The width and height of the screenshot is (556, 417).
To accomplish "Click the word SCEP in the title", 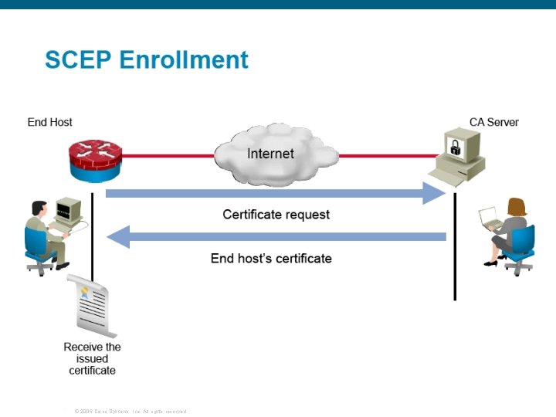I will click(76, 59).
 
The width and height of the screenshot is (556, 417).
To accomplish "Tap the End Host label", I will click(49, 122).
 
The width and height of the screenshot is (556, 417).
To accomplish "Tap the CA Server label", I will click(494, 122).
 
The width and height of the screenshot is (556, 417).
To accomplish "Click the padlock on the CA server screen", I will click(456, 147).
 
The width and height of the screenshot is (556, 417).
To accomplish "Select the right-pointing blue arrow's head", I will click(436, 193).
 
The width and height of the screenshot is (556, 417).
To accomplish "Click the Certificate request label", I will click(276, 214).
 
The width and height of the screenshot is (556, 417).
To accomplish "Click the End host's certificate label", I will click(271, 258).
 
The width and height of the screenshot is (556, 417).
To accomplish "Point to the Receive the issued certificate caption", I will click(92, 358).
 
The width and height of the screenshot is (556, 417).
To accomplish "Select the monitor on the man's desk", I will click(68, 208).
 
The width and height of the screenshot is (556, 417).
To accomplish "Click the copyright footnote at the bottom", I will click(131, 412).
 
